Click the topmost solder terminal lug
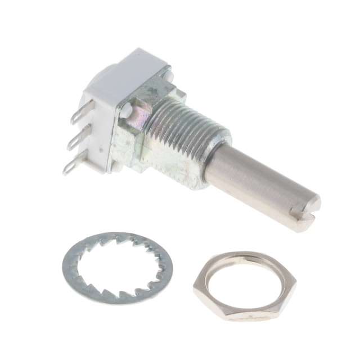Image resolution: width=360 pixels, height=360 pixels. [x=78, y=115]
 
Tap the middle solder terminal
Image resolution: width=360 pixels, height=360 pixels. [x=75, y=139]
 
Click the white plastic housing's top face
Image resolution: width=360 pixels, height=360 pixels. [x=127, y=73]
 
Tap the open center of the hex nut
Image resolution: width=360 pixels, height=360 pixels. [x=245, y=278]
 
